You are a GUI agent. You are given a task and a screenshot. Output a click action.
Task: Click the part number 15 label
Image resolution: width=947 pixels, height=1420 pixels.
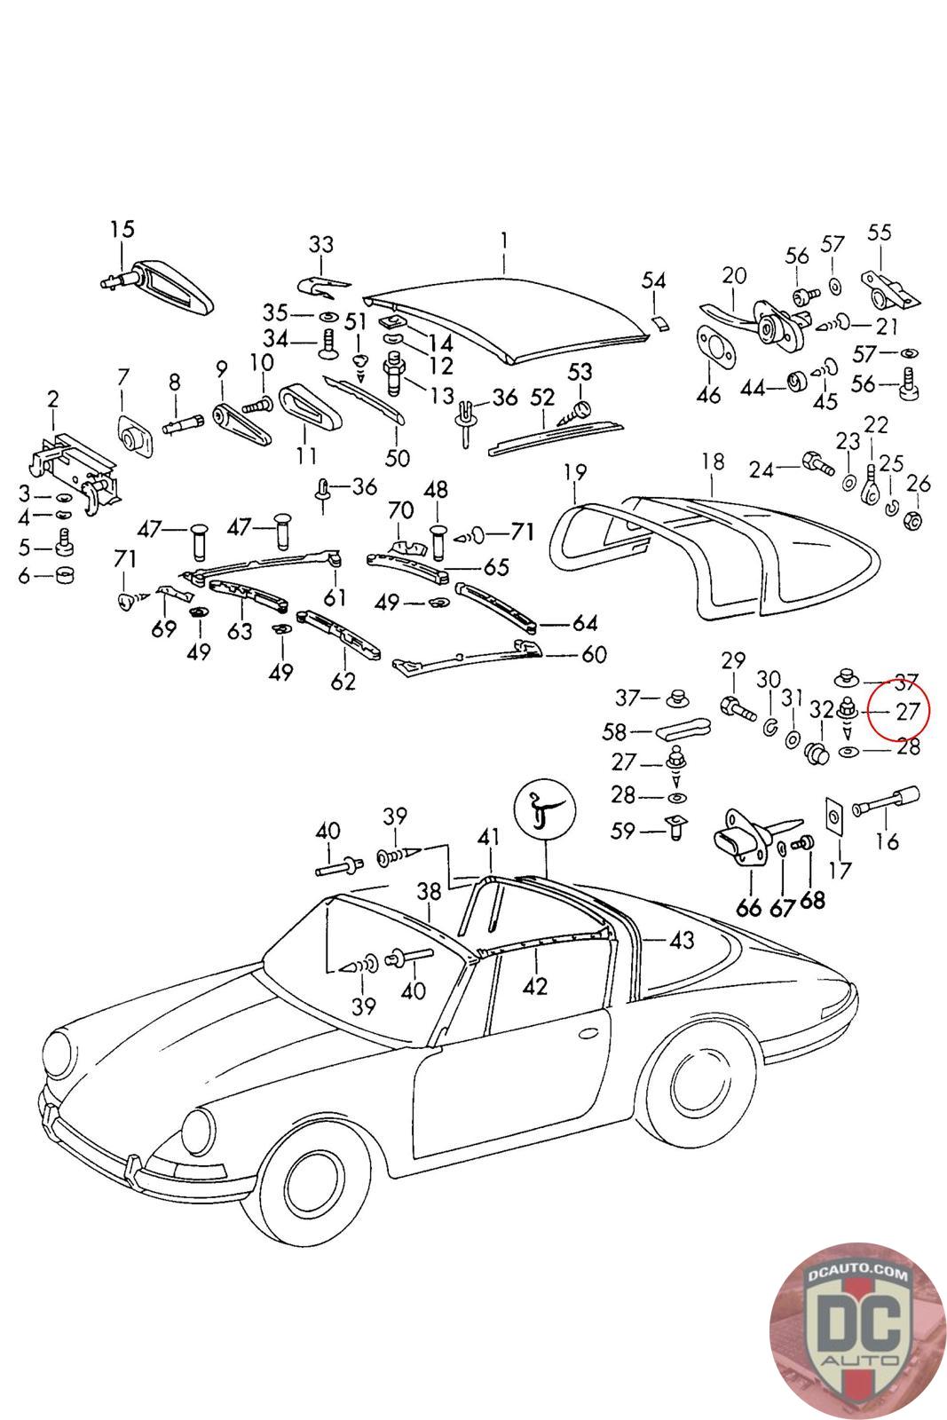click(x=122, y=229)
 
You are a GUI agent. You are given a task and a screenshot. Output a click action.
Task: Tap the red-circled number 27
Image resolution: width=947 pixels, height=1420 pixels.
click(x=906, y=711)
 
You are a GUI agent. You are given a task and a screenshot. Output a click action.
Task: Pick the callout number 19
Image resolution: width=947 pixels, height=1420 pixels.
click(x=575, y=471)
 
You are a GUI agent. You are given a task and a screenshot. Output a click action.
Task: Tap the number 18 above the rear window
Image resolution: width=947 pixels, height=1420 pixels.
click(x=713, y=461)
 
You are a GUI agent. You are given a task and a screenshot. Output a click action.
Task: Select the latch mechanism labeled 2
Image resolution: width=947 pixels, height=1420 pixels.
click(x=71, y=470)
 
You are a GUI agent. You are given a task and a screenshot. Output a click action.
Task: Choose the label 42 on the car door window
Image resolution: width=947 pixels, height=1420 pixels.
click(x=535, y=985)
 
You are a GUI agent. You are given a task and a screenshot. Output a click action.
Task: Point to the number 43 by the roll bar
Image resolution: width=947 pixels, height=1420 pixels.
click(x=682, y=940)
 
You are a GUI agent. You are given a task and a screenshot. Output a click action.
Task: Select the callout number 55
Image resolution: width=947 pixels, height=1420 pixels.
click(x=879, y=233)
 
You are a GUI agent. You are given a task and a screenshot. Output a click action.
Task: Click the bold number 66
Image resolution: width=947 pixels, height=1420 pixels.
click(x=749, y=906)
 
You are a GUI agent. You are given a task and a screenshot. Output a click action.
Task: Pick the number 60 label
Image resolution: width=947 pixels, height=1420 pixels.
click(x=593, y=655)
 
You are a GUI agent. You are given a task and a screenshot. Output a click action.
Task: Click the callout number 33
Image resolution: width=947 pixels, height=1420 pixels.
click(x=321, y=244)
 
